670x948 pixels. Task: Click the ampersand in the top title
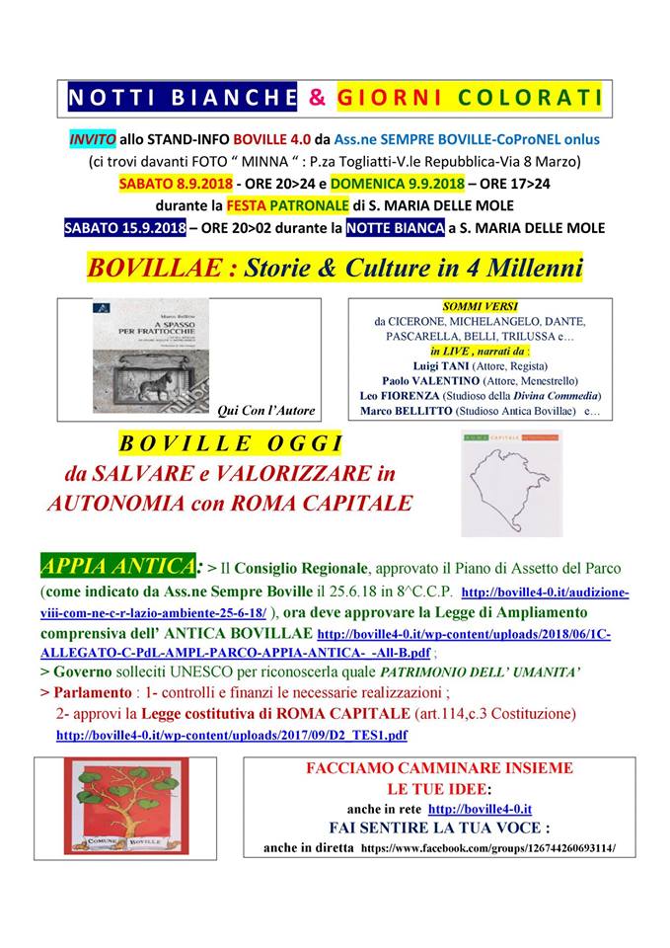tap(317, 99)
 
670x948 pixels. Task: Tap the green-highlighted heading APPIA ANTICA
tap(116, 566)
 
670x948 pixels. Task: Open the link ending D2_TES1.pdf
tap(232, 735)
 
